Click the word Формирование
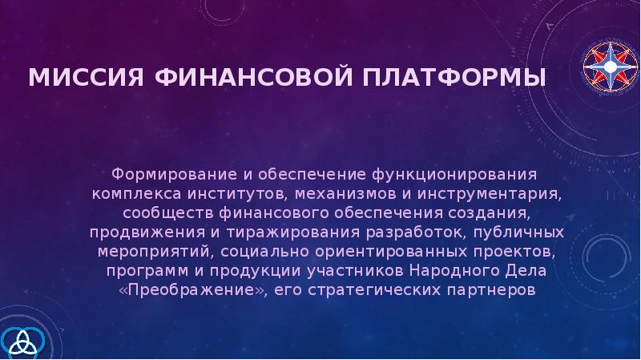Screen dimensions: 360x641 (163, 174)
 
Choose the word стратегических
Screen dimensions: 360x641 (358, 289)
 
